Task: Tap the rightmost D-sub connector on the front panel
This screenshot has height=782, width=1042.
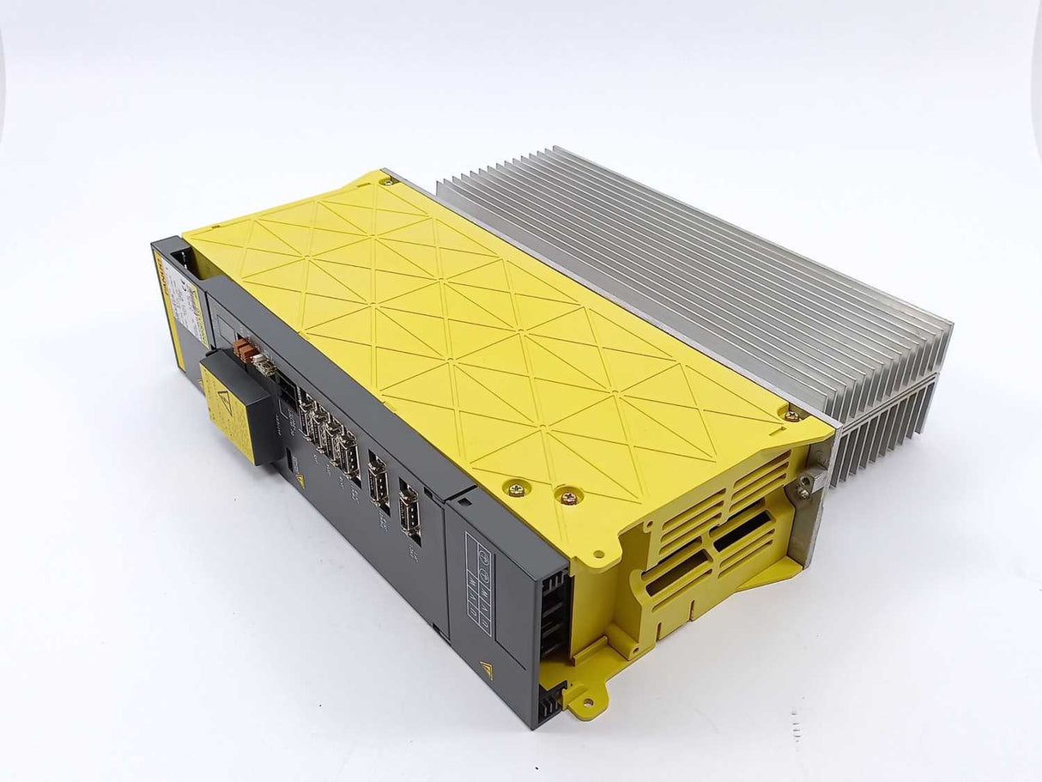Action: coord(409,512)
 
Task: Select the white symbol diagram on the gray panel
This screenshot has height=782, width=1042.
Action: coord(480,571)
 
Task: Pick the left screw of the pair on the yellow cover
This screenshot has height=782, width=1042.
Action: coord(518,489)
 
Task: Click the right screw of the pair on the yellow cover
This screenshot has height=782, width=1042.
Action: coord(567,497)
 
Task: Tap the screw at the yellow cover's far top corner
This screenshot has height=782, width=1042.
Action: coord(388,180)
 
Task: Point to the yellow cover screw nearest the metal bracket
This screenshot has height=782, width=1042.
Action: coord(791,415)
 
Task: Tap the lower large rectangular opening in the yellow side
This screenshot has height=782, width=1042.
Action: coord(677,573)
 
